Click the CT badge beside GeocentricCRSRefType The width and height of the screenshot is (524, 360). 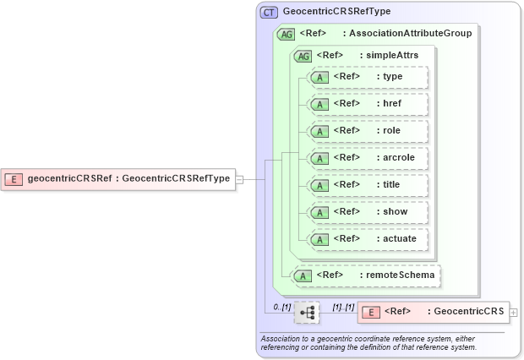point(269,13)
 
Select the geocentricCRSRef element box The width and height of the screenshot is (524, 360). point(118,178)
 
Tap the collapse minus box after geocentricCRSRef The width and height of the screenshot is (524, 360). point(240,178)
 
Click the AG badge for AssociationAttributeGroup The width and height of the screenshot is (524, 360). point(286,34)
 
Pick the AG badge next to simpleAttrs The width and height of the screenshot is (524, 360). point(303,56)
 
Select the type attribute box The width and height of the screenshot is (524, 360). point(368,77)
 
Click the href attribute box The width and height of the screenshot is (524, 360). point(368,104)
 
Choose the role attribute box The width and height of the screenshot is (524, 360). point(368,131)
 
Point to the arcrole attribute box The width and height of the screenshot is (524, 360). point(368,158)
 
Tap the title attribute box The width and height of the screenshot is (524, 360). point(368,185)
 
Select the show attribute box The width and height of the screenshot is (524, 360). point(368,212)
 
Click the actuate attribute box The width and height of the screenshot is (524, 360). point(368,239)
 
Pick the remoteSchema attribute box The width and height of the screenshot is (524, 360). point(366,275)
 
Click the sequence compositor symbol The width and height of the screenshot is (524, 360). point(307,312)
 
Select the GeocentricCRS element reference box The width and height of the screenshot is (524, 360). point(433,312)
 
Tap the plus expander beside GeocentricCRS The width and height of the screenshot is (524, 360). point(514,313)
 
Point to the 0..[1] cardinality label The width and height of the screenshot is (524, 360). point(281,305)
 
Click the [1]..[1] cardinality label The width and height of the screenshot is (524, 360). point(342,305)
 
